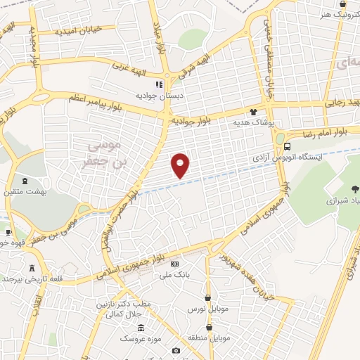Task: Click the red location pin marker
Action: (181, 165)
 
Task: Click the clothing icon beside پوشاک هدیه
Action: (254, 111)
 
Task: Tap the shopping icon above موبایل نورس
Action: (207, 297)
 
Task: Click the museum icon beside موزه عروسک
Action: (141, 328)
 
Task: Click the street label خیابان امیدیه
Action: (79, 31)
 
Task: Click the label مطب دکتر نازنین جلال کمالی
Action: (125, 307)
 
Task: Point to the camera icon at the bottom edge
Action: (176, 350)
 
